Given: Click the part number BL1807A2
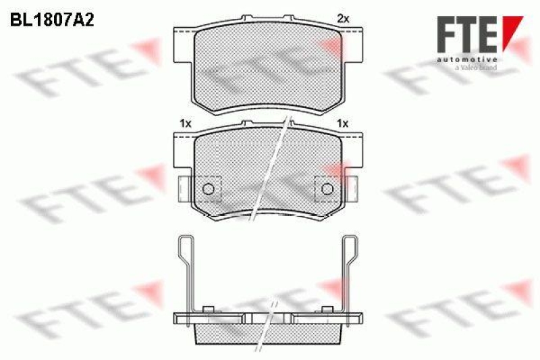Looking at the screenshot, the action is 52,21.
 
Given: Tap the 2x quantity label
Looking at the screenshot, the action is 343,20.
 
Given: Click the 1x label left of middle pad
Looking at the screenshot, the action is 186,124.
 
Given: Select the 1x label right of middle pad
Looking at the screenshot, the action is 343,124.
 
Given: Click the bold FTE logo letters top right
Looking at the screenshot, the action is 467,34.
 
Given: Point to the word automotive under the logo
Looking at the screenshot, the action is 467,59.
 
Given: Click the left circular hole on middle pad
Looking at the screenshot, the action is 209,189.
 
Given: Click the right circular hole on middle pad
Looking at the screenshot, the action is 327,189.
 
